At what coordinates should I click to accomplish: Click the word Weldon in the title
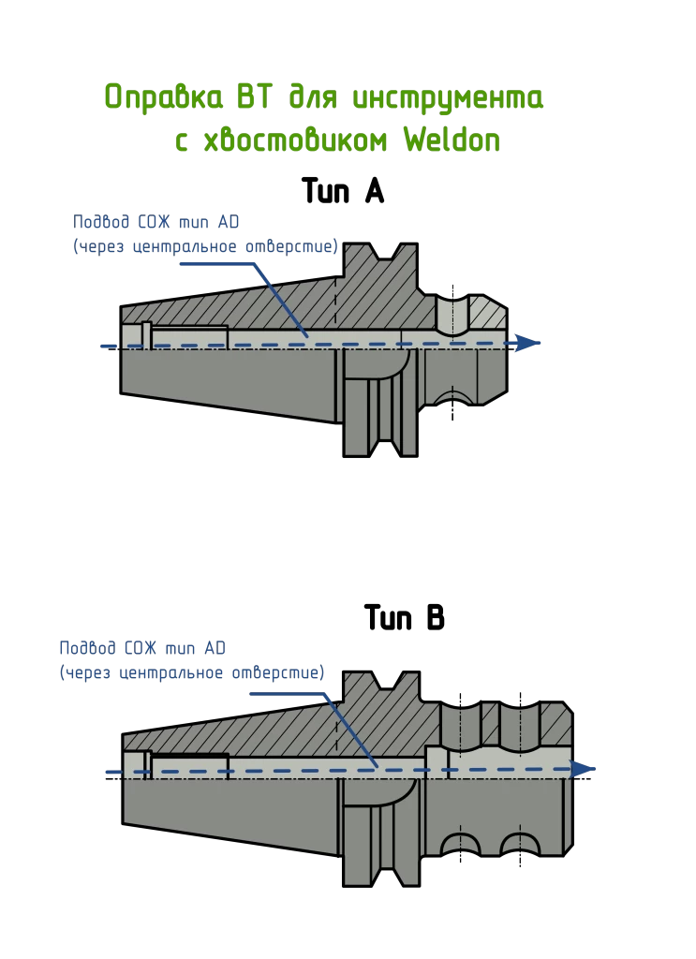(x=452, y=140)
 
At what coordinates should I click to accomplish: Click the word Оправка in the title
(x=163, y=97)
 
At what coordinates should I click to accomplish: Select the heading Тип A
(x=343, y=191)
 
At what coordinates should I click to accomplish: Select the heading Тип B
(x=405, y=617)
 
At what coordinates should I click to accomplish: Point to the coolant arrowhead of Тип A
(x=525, y=343)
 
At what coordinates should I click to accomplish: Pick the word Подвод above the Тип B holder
(x=87, y=648)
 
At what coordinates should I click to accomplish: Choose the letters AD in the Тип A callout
(x=229, y=221)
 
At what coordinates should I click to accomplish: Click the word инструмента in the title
(x=449, y=98)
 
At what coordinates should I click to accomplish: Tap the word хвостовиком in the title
(x=295, y=140)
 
